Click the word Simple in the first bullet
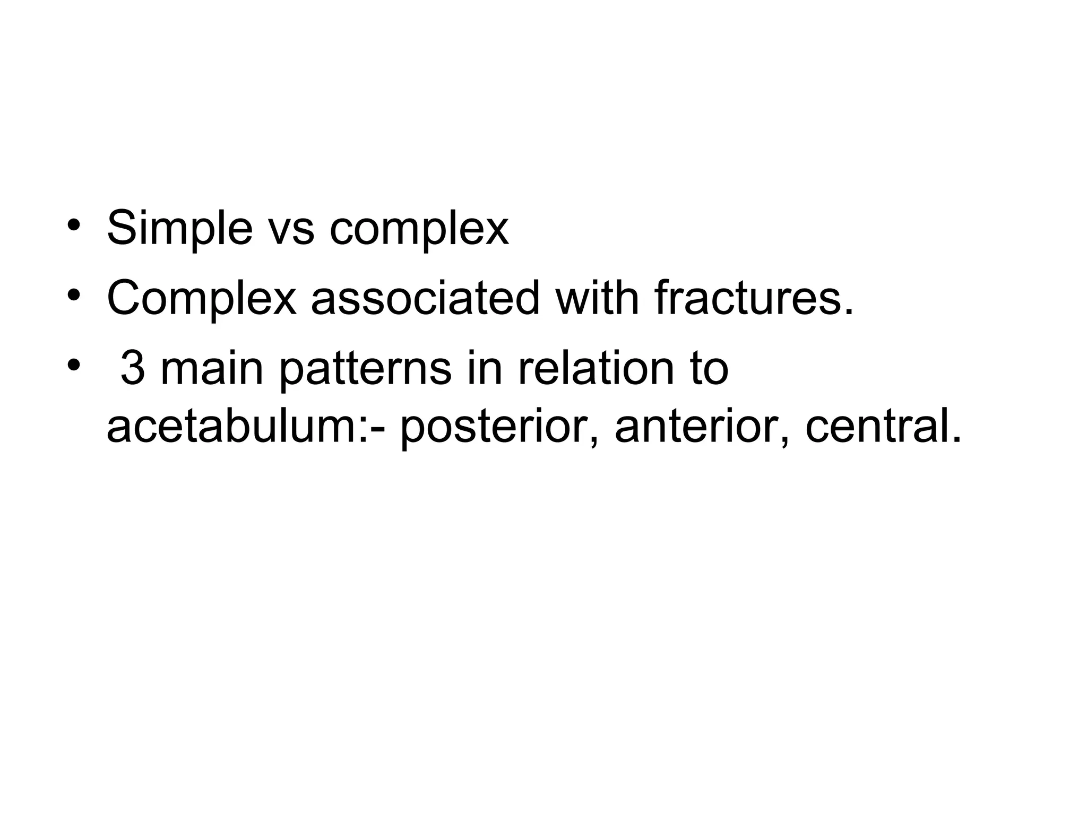(x=179, y=229)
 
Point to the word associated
(x=425, y=298)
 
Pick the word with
(x=597, y=298)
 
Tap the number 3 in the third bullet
(x=133, y=369)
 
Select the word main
(x=212, y=369)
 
